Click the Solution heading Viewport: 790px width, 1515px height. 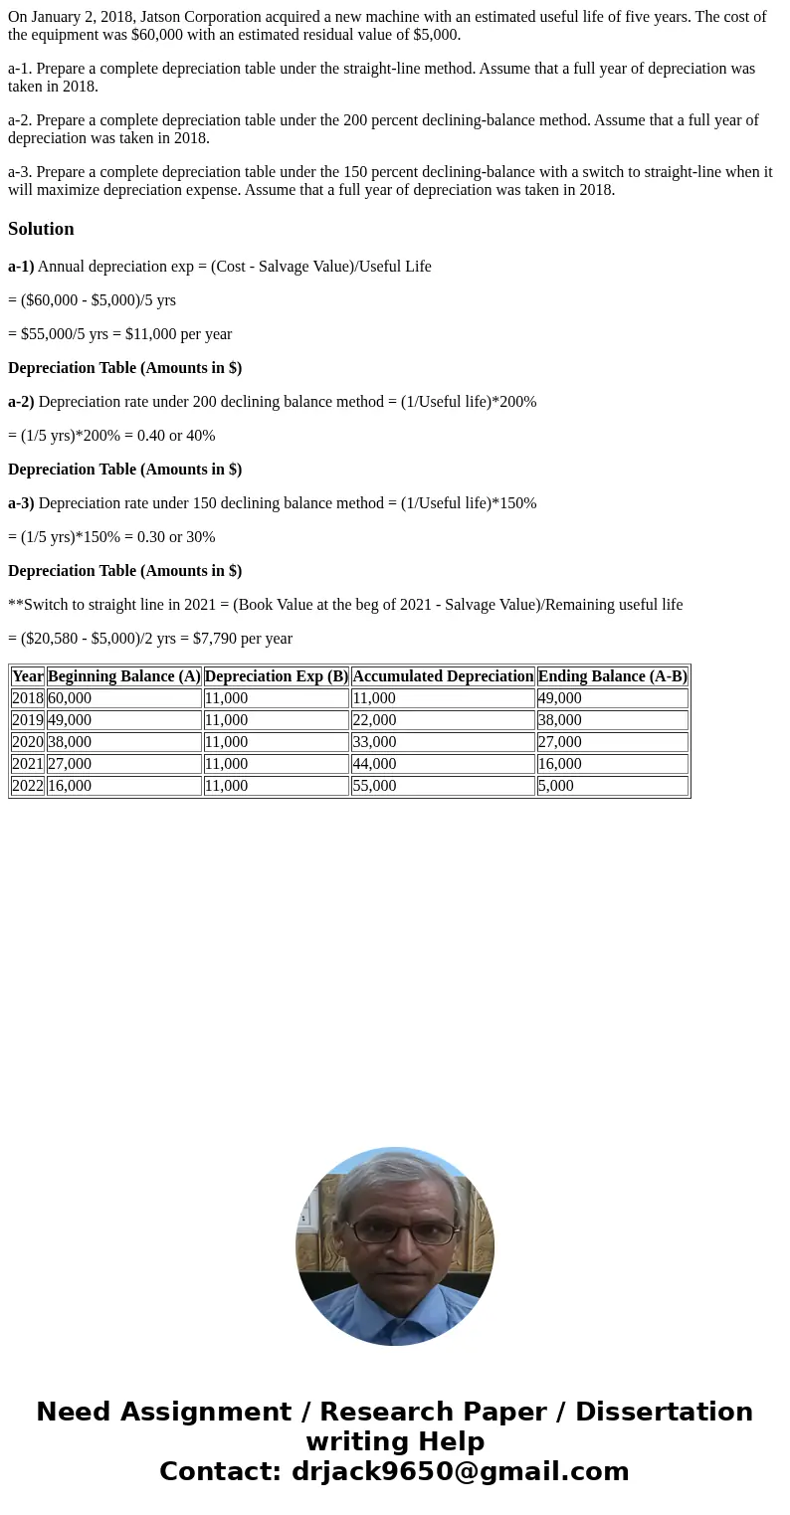click(41, 229)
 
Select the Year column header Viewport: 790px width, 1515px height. click(28, 676)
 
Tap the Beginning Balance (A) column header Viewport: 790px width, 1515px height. click(124, 676)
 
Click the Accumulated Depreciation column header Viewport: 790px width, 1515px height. click(443, 676)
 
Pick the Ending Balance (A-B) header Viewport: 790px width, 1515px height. click(612, 676)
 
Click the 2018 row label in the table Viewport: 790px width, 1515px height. click(28, 698)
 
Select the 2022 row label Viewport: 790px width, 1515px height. click(28, 786)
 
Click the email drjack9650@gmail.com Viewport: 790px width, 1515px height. click(461, 1471)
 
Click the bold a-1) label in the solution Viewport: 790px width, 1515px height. click(21, 267)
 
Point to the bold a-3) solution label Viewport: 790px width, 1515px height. click(21, 503)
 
